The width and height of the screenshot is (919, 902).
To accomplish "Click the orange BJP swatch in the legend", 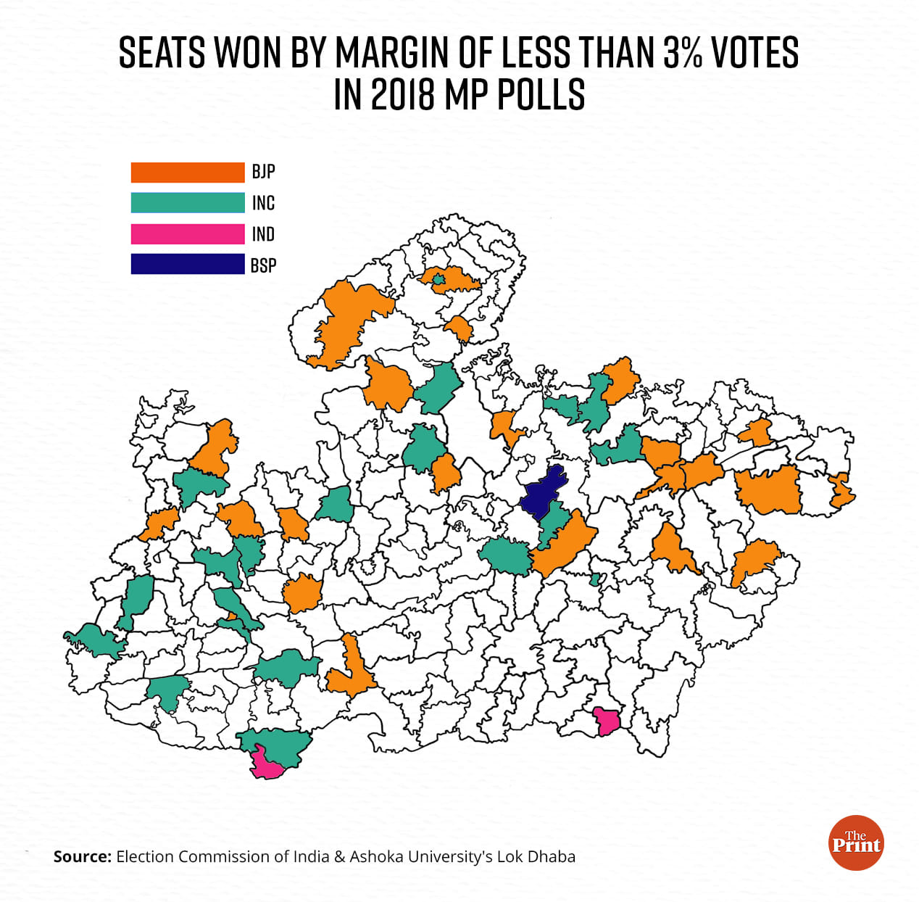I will [187, 172].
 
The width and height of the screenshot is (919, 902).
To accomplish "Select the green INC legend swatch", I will [187, 203].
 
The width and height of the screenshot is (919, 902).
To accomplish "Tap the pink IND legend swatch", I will [187, 234].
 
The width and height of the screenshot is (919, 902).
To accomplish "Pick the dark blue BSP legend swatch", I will [187, 265].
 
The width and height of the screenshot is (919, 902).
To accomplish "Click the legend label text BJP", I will [263, 172].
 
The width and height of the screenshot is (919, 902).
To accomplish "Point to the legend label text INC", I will [263, 203].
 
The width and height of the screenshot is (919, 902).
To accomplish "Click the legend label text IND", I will [263, 234].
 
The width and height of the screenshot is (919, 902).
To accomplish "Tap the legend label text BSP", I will [263, 265].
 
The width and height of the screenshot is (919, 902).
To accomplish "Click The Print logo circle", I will [856, 842].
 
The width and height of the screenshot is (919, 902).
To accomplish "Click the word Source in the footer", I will [82, 856].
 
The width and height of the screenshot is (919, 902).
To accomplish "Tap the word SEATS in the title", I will [162, 52].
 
